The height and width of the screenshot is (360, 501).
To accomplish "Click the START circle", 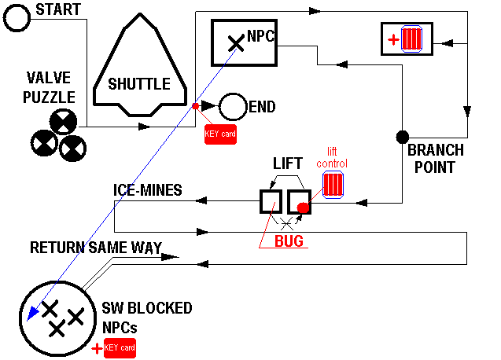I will coord(16,18).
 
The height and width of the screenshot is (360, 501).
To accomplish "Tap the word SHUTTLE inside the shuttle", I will coord(138,84).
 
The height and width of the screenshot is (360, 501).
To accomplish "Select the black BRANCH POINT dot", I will coord(401,137).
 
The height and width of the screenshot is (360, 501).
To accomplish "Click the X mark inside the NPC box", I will coord(234,43).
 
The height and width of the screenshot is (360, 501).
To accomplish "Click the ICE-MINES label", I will coord(147,190).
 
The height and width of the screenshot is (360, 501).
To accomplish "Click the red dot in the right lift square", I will coord(303,208).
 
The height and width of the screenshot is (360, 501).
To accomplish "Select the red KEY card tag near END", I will coord(219,134).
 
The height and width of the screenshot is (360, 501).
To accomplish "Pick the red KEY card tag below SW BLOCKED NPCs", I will coord(120,347).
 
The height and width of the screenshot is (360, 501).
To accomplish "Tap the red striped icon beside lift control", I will coord(333,186).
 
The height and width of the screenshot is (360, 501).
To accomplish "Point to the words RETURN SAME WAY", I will coord(96,248).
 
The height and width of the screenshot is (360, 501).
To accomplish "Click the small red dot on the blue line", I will coord(195,105).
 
